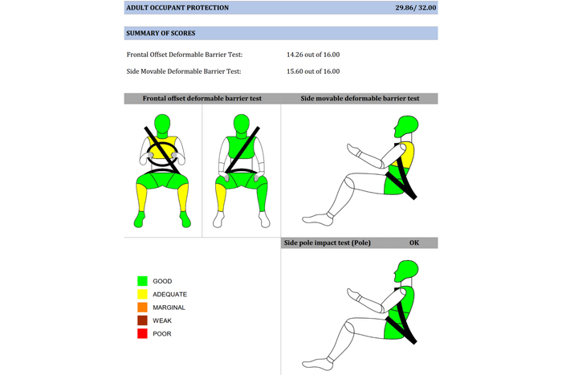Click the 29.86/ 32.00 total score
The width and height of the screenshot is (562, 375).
pos(415,7)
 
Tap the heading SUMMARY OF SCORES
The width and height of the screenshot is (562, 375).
pos(161,33)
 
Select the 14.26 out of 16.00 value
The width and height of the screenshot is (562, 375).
pos(313,55)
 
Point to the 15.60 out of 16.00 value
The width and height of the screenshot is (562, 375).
pos(313,71)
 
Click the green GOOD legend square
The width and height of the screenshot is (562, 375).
pos(142,281)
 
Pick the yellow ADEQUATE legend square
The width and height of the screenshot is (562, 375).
pos(142,294)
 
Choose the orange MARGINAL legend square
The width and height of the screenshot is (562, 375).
pos(142,308)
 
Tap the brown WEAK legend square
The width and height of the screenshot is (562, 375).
pos(142,320)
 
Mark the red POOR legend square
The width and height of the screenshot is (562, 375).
pos(142,334)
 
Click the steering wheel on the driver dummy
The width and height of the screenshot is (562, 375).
pos(162,154)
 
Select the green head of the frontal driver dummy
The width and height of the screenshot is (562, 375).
pos(162,125)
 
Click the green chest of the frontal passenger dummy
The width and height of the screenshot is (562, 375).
pos(241,147)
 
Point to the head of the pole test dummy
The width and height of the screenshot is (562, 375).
pos(406,271)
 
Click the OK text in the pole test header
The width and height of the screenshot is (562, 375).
pos(414,243)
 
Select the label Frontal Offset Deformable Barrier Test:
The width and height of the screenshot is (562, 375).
pos(184,55)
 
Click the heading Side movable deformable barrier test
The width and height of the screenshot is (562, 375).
pos(360,98)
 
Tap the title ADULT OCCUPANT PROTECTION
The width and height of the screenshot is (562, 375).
pos(177,7)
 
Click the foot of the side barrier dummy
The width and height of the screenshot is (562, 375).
pos(318,219)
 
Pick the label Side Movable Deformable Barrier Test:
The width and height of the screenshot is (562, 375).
pos(184,71)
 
